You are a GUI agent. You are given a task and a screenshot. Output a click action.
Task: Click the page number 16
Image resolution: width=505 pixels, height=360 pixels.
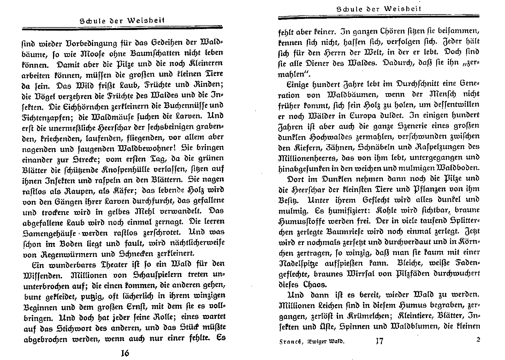pyautogui.click(x=125, y=353)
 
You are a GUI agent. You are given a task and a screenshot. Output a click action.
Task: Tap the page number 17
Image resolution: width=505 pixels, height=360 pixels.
pyautogui.click(x=379, y=341)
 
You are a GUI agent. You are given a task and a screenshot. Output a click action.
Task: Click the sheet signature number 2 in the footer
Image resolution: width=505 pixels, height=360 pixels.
pyautogui.click(x=478, y=340)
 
